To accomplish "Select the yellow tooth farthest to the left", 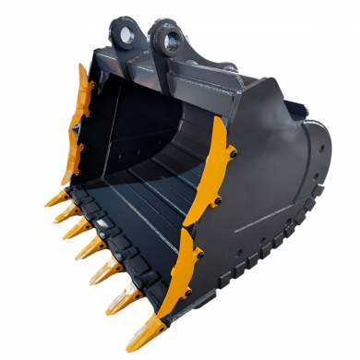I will [x=53, y=198].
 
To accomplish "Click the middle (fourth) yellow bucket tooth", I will [x=89, y=249].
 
